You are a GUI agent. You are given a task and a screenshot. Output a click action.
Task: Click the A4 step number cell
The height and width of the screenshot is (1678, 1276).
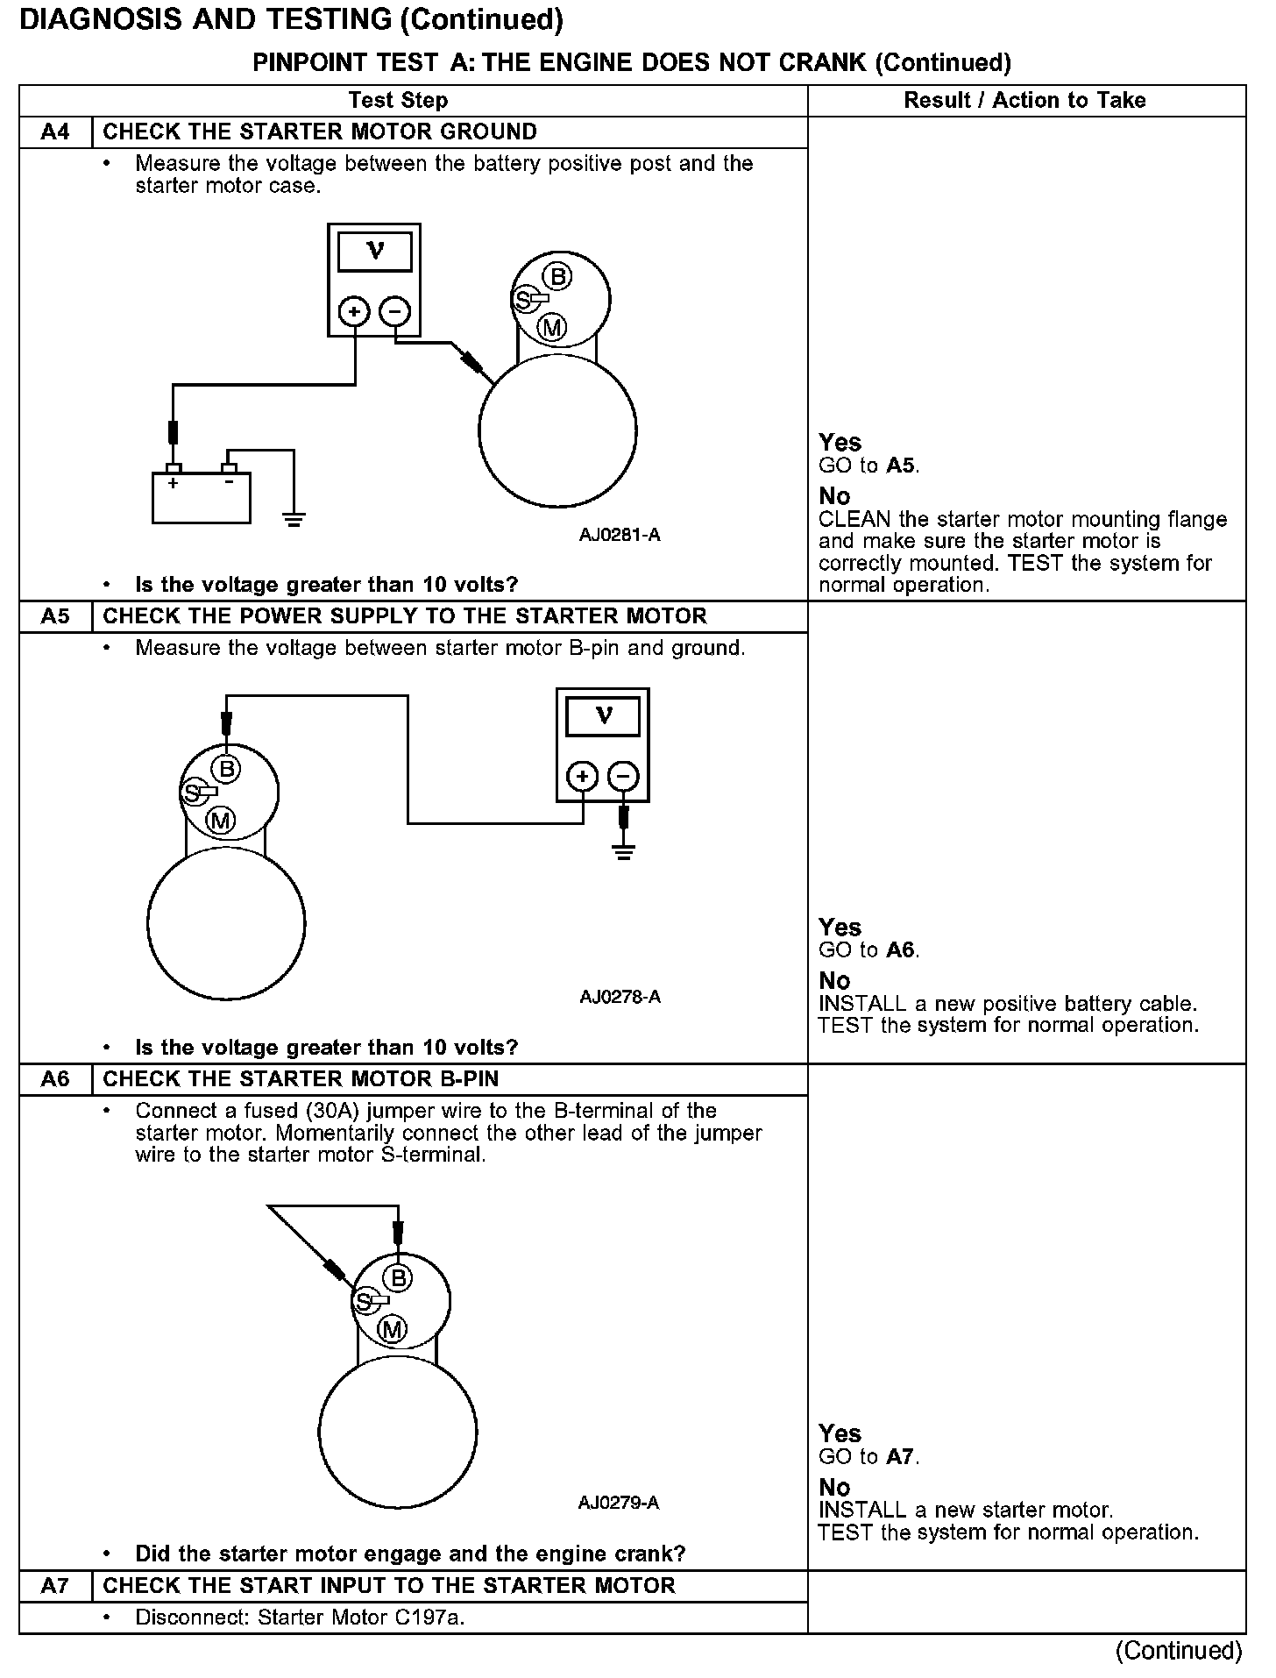coord(55,132)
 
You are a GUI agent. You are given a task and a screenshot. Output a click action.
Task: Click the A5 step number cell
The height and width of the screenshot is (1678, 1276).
coord(55,616)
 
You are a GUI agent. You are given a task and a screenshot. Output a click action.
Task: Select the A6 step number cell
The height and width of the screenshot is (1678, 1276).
coord(55,1079)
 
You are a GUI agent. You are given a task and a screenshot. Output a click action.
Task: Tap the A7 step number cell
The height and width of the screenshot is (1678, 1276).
coord(55,1586)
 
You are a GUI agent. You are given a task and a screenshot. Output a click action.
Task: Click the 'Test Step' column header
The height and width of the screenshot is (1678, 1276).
coord(398,101)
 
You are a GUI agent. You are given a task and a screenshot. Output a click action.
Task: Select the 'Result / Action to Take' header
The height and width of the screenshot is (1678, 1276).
coord(1024,101)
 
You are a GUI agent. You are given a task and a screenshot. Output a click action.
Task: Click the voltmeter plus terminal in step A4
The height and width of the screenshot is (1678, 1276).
coord(354,312)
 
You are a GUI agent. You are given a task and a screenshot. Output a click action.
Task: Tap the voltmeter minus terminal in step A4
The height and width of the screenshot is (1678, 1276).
coord(395,312)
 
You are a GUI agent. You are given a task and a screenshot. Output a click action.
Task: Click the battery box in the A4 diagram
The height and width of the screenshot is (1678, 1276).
coord(202,497)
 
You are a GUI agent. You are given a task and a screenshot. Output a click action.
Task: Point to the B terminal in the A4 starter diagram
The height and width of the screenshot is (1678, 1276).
coord(557,277)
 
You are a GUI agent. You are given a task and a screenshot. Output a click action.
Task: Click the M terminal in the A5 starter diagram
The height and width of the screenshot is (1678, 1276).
coord(221,821)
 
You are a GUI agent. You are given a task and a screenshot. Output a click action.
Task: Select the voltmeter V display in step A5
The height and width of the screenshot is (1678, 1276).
coord(603,717)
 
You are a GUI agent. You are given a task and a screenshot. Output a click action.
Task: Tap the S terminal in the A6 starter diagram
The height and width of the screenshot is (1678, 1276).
coord(362,1302)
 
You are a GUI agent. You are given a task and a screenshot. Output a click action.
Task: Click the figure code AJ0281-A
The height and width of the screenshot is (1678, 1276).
coord(620,535)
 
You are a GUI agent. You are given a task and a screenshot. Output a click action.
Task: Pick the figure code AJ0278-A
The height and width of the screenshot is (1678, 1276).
coord(620,997)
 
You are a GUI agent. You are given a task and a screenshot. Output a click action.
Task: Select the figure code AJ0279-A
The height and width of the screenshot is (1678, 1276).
coord(619,1503)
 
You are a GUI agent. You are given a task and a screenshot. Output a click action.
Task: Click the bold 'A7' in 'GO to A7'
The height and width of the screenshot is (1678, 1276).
coord(900,1457)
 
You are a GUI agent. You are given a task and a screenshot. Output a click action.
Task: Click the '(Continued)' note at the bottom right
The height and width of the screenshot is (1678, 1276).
coord(1179,1651)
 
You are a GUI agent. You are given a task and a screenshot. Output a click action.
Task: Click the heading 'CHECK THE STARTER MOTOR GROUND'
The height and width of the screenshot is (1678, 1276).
coord(320,132)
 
